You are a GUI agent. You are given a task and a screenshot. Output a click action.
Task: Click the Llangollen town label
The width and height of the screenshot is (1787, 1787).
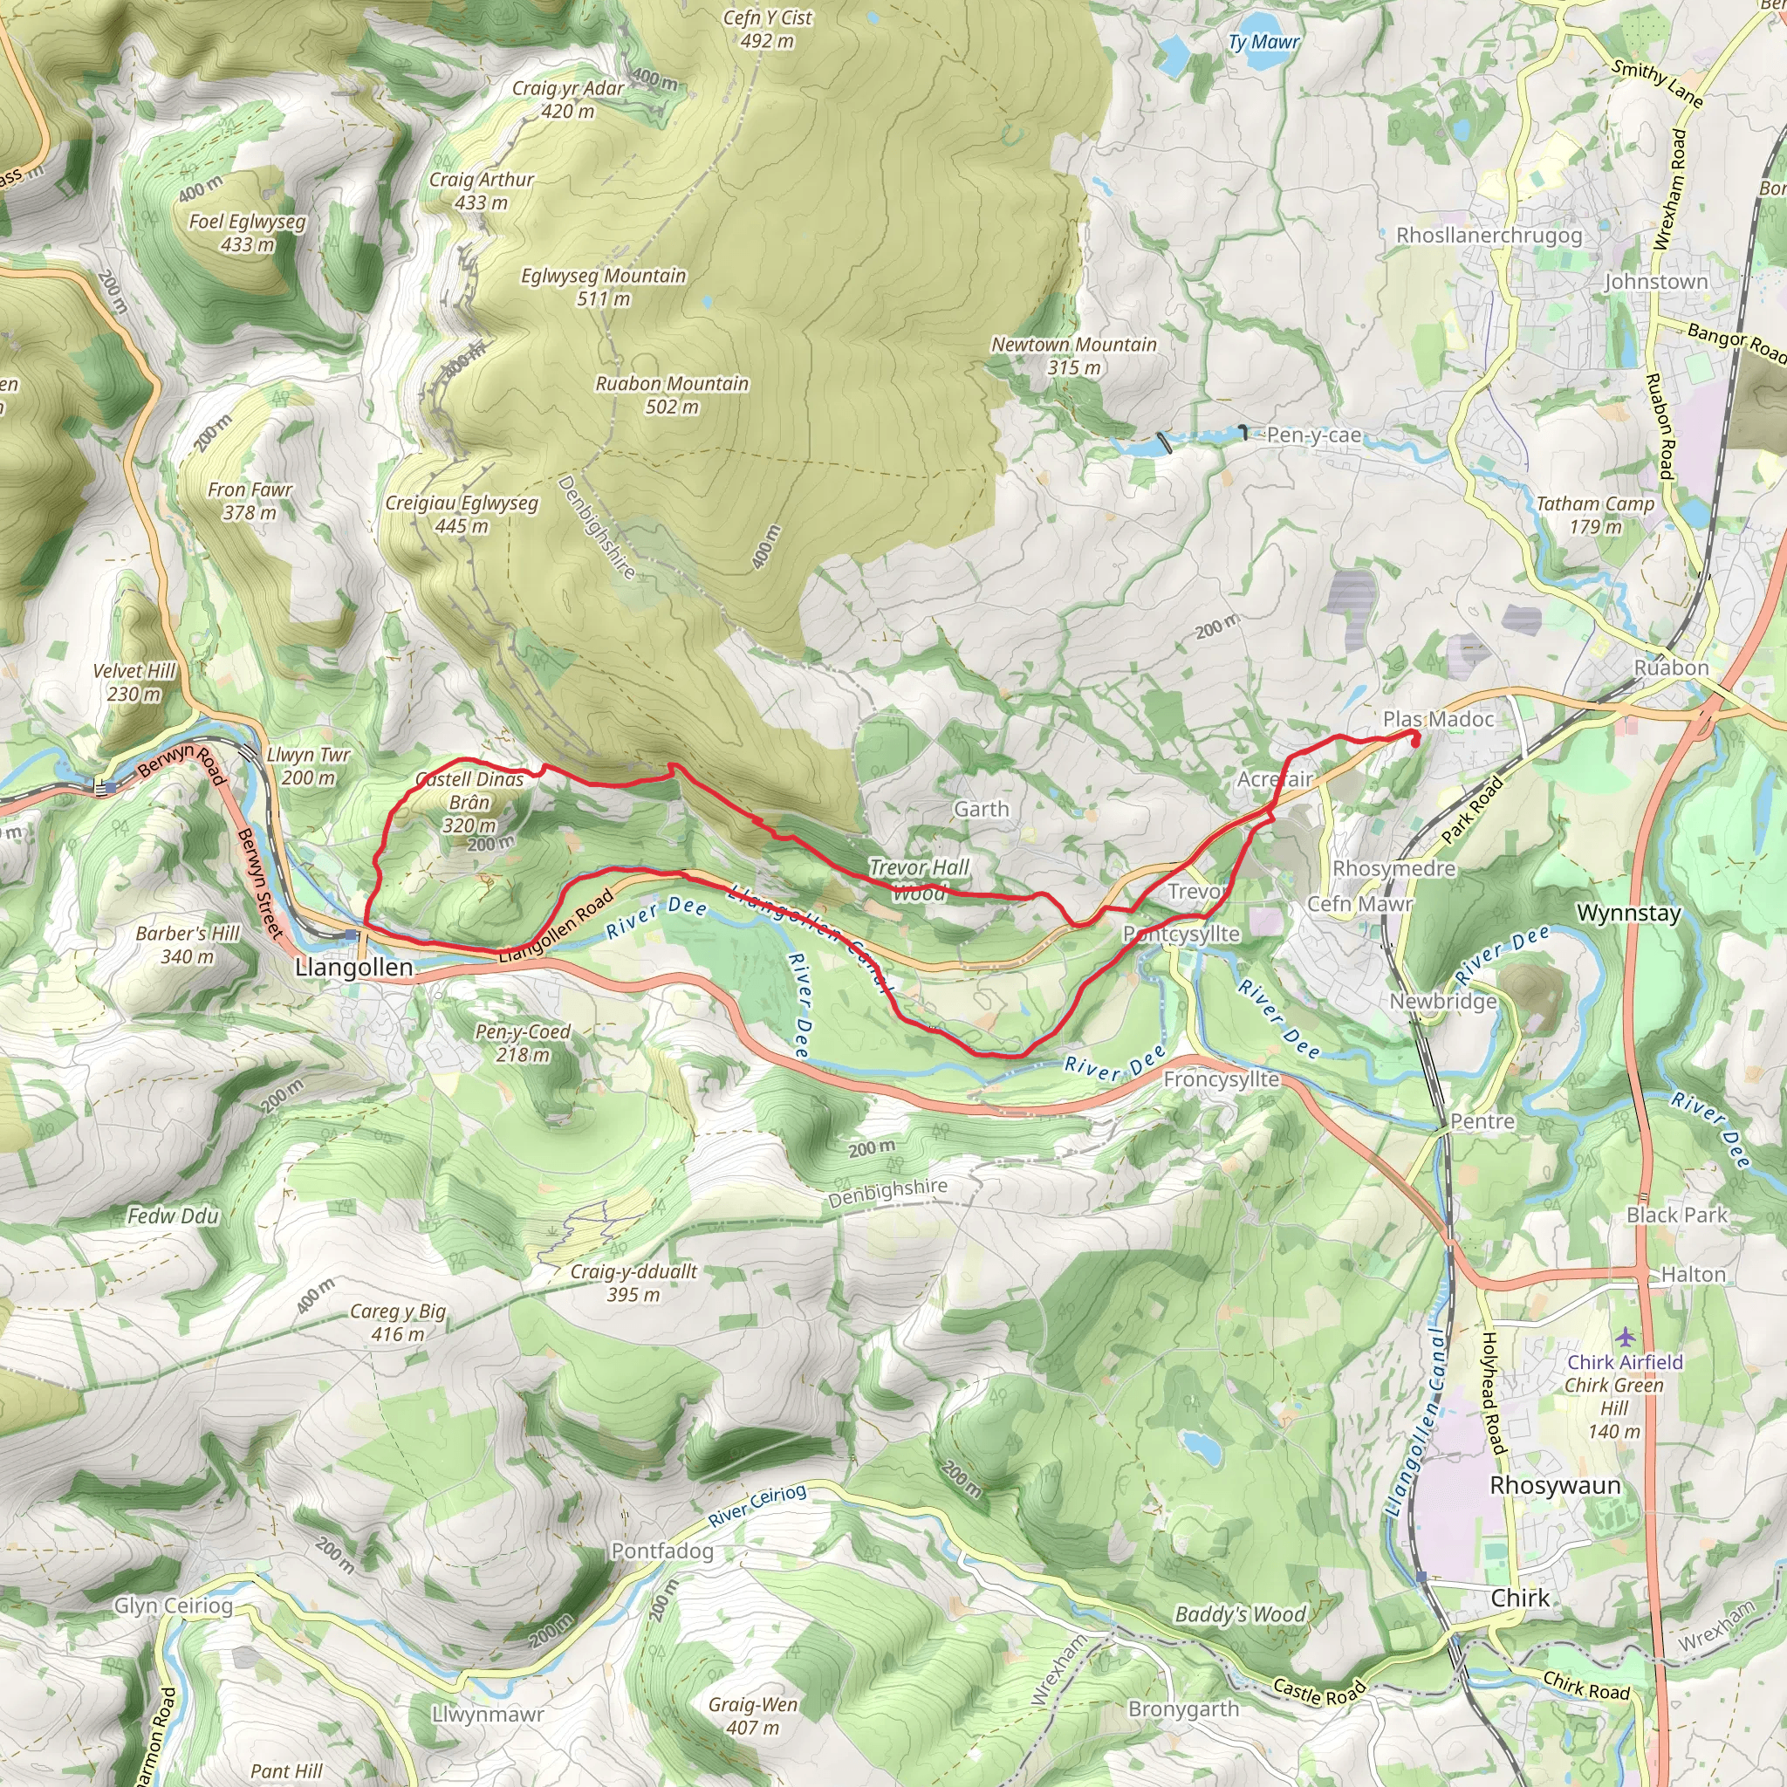coord(353,968)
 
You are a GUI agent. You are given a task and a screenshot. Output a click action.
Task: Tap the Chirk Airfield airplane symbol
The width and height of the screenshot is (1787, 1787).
coord(1625,1337)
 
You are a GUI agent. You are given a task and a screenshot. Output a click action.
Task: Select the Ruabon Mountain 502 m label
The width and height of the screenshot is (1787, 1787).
coord(672,395)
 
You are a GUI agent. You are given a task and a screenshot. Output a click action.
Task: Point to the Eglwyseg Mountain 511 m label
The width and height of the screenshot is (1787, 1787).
coord(603,287)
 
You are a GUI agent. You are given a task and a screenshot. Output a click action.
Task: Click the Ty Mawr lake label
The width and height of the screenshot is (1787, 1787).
coord(1263,43)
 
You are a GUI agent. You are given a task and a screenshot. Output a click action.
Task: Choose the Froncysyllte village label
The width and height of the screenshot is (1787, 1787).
coord(1221,1079)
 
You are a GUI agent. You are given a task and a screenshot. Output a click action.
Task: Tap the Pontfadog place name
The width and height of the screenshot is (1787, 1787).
coord(662,1551)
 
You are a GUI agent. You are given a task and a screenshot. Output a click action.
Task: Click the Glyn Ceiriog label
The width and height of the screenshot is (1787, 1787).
coord(173,1606)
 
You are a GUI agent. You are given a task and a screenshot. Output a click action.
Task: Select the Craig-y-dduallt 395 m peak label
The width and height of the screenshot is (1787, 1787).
coord(633,1283)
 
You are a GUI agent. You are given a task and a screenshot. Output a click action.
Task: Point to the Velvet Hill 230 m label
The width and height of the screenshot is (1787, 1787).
coord(134,682)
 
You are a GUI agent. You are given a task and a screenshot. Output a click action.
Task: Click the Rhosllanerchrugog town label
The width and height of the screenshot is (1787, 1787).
coord(1489,236)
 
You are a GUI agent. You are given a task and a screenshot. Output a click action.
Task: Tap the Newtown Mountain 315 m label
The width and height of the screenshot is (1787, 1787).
coord(1074,356)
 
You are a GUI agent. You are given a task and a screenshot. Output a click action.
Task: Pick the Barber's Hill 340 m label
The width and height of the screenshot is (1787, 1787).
coord(188,944)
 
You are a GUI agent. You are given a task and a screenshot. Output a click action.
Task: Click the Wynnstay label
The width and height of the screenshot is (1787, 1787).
coord(1628,914)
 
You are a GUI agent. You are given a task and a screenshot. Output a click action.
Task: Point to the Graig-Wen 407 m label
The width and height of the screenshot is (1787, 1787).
coord(753,1715)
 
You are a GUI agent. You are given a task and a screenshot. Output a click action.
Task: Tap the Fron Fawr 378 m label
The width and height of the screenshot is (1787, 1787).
coord(250,500)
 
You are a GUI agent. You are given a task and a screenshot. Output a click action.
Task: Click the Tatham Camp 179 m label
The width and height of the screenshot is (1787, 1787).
coord(1595,515)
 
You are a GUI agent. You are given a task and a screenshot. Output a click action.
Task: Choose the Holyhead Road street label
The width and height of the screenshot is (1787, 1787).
coord(1490,1393)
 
